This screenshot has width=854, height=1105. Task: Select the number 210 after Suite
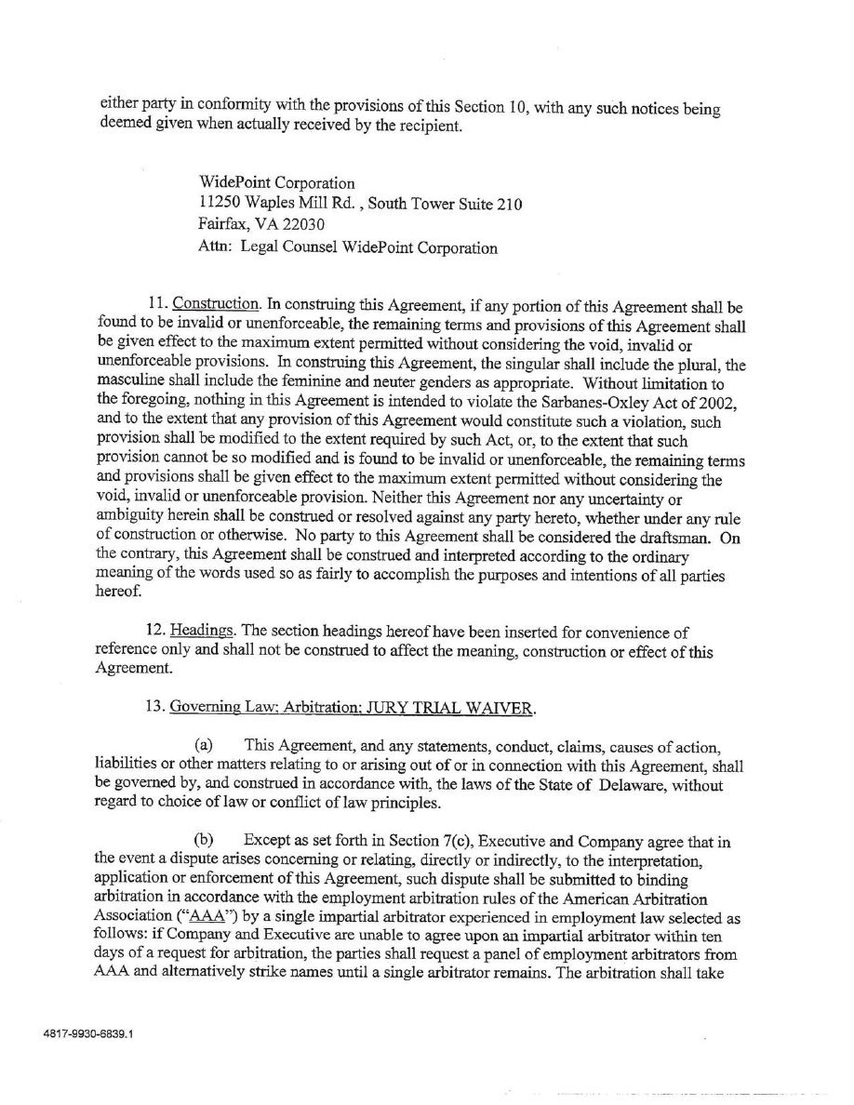(x=509, y=205)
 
